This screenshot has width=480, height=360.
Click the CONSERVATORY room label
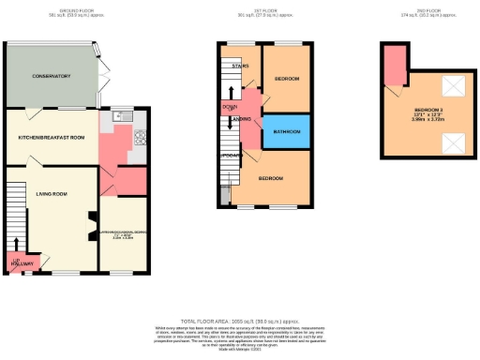pyautogui.click(x=52, y=76)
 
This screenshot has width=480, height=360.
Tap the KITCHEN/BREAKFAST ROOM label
pyautogui.click(x=52, y=138)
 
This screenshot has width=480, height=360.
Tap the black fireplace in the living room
pyautogui.click(x=90, y=222)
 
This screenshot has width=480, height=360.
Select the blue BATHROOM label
pyautogui.click(x=286, y=132)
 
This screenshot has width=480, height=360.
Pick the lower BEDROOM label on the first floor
pyautogui.click(x=273, y=177)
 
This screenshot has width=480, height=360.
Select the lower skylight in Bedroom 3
pyautogui.click(x=452, y=143)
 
